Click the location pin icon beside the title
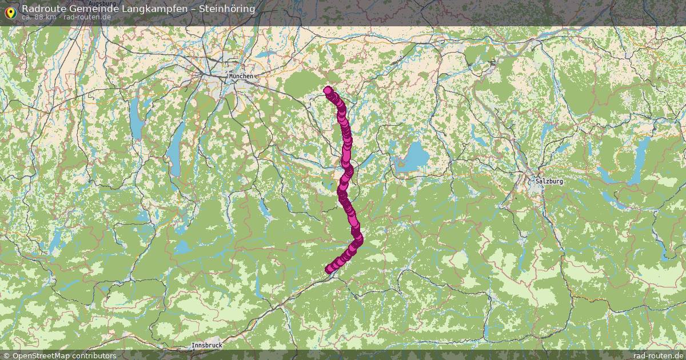point(10,11)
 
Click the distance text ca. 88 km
point(39,17)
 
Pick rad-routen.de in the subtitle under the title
point(87,17)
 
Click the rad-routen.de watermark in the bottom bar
point(657,355)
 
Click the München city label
point(240,76)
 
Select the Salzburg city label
point(549,181)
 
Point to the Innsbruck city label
point(207,345)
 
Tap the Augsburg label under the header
point(102,3)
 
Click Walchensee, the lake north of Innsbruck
point(183,247)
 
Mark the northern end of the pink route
point(328,90)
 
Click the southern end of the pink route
point(329,270)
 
